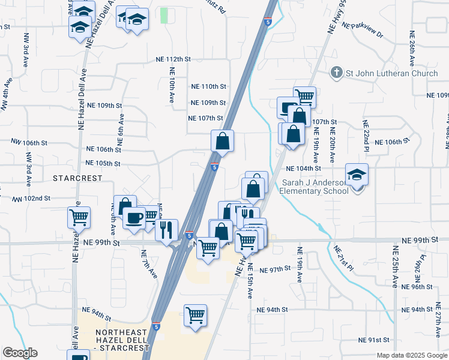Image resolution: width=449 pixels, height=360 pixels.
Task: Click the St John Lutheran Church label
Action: tap(391, 73)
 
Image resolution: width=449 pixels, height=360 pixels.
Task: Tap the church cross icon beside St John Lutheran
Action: tap(337, 73)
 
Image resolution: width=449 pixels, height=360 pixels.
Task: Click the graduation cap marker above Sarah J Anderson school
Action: tap(357, 175)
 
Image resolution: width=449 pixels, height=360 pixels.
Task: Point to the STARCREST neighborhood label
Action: tap(75, 178)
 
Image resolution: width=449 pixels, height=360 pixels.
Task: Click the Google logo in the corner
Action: tap(20, 353)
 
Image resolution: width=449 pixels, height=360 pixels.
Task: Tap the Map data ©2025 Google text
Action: tap(411, 355)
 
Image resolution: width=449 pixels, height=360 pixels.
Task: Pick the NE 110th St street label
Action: tap(208, 87)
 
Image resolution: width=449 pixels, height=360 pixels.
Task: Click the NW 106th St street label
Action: tap(29, 142)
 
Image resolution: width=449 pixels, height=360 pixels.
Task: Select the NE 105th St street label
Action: tap(103, 163)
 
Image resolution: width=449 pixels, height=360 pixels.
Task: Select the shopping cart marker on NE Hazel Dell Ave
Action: tap(79, 217)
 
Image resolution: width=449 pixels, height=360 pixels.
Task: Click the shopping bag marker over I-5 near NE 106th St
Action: tap(222, 142)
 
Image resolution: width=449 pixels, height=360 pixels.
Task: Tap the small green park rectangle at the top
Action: tap(164, 16)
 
